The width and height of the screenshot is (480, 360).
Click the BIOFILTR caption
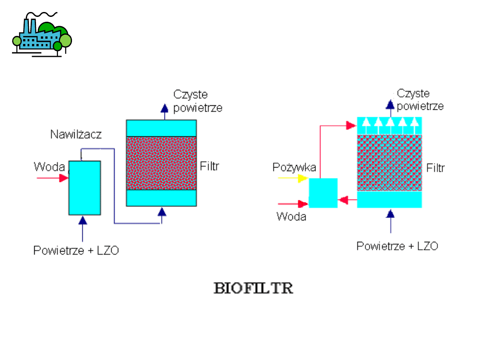253,288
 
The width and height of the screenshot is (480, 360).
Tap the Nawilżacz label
76,134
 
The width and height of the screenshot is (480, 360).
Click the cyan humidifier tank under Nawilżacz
84,188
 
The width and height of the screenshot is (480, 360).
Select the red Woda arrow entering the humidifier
52,178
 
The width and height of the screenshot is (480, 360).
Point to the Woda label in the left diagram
49,167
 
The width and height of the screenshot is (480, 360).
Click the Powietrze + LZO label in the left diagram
76,251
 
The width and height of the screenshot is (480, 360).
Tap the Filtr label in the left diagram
210,166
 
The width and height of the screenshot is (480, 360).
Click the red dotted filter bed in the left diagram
161,163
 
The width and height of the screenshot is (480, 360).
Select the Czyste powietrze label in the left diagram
197,101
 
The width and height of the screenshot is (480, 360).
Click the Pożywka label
294,168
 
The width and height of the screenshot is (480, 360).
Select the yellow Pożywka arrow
292,179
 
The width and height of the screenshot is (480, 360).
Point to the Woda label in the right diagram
291,216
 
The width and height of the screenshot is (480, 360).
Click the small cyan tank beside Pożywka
323,193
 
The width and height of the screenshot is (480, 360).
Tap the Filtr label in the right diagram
436,168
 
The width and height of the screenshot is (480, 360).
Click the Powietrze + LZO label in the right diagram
397,246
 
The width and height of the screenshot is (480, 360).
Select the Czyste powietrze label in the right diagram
420,100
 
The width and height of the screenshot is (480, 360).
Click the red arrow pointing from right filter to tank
347,200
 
